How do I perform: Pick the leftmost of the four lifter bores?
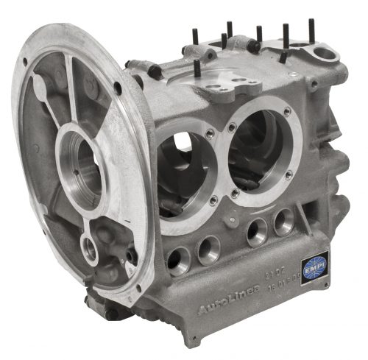[x=177, y=258]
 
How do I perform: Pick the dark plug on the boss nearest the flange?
[x=155, y=71]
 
